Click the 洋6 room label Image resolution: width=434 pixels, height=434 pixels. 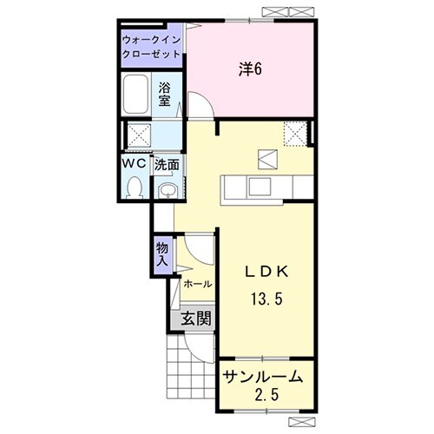coord(250,69)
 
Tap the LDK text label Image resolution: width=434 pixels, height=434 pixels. coord(266,272)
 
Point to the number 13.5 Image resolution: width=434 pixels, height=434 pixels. coord(266,299)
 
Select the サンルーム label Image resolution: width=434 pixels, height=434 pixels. coord(263,378)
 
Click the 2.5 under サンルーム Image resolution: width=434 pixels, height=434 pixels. coord(266,394)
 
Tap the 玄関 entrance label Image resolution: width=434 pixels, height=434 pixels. coord(196,319)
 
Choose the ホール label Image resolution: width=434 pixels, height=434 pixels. coord(198,284)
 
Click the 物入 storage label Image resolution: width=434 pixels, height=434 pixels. coord(162,254)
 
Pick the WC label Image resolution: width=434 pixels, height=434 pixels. coord(135,164)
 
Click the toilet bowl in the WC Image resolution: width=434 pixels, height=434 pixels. coord(135,187)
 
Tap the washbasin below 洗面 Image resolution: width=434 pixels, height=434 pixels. coord(166,191)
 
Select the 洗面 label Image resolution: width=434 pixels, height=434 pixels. coord(167,165)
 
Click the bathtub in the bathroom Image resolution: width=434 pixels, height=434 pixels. coord(135,94)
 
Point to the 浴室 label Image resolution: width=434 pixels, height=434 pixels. coord(165,94)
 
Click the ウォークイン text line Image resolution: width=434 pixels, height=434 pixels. coord(151,40)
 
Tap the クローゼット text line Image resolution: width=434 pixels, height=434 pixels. coord(151,54)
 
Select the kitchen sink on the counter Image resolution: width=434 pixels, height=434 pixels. coord(260,187)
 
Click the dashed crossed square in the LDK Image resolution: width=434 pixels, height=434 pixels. coord(294,134)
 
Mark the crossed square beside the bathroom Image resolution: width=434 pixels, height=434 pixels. coord(139,134)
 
